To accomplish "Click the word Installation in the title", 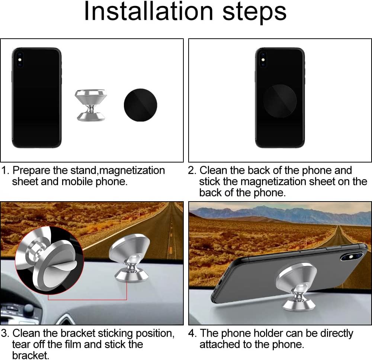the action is (149, 11).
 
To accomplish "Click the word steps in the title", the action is (254, 12).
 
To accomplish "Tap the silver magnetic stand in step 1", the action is (91, 105).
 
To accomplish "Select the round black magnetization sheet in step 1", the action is (141, 105).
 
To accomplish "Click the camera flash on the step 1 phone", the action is (20, 60).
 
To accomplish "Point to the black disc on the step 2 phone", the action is (279, 100).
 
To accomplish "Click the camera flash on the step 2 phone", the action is (263, 60).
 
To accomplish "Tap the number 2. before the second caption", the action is (192, 171).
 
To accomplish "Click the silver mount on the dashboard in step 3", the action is (130, 258).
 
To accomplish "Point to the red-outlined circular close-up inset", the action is (49, 260).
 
